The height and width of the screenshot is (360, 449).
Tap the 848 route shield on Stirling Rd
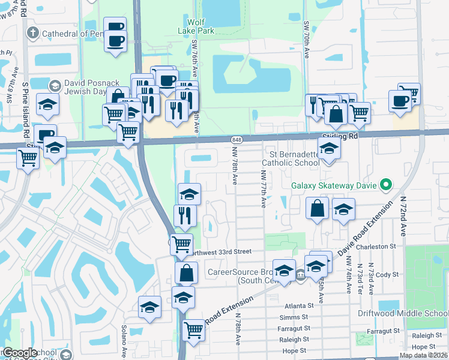pos(236,139)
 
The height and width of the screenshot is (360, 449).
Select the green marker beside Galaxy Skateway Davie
pos(387,185)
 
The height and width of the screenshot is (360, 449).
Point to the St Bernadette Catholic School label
pos(290,158)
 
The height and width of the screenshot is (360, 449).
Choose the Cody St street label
pos(387,274)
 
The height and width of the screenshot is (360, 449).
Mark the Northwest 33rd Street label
pos(221,252)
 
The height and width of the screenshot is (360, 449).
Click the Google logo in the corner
pos(20,353)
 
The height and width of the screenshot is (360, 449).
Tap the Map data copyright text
pos(423,355)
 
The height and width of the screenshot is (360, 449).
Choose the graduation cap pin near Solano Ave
pos(149,308)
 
